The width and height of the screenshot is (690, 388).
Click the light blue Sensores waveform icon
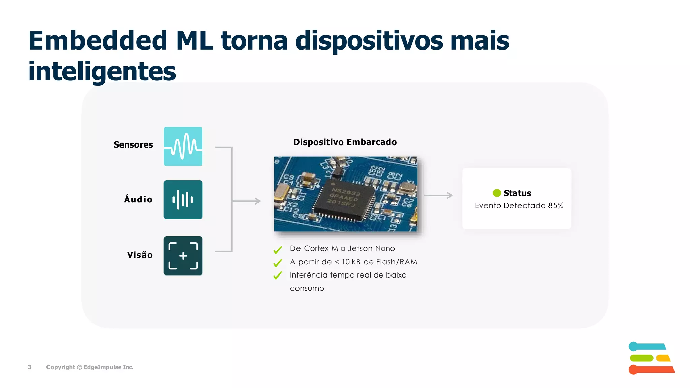(x=183, y=146)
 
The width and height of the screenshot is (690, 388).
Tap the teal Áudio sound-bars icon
(x=183, y=199)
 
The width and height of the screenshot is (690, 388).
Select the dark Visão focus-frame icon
(x=183, y=256)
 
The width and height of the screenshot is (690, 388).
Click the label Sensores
(x=133, y=145)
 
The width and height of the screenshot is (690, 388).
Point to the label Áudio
(x=138, y=199)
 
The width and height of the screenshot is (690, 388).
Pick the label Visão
(x=140, y=255)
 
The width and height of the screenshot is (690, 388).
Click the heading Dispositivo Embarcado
(x=345, y=142)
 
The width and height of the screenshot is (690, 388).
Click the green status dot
(x=497, y=193)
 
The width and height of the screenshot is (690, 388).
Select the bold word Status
(x=517, y=193)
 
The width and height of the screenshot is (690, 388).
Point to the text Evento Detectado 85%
(x=519, y=206)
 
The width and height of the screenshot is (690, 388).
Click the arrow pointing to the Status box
(x=438, y=195)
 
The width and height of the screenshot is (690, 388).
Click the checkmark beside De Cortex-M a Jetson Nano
(x=278, y=250)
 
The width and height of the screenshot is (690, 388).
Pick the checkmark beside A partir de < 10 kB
(x=278, y=263)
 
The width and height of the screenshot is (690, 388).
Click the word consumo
(x=307, y=288)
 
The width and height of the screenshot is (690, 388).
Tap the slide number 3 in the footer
(x=30, y=367)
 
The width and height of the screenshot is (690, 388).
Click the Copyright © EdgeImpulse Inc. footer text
(x=90, y=367)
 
